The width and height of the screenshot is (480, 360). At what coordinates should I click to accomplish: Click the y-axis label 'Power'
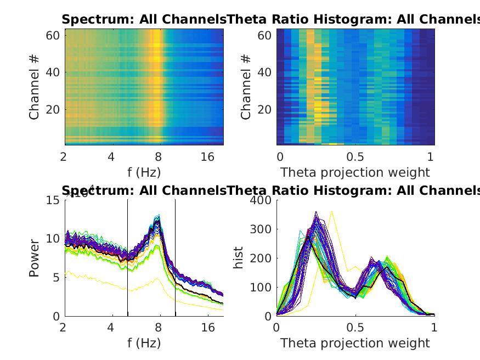pos(34,257)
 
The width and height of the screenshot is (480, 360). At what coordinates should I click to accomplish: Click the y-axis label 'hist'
pos(239,257)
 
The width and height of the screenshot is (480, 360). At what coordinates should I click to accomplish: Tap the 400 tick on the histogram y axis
pos(262,200)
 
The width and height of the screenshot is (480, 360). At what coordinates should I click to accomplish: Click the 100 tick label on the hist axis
pos(262,288)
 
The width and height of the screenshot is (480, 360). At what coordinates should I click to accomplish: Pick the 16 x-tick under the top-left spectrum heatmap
pos(207,157)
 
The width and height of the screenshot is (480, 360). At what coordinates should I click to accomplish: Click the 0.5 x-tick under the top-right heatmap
pos(355,157)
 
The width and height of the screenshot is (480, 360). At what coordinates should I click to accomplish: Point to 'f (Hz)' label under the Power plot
pos(144,343)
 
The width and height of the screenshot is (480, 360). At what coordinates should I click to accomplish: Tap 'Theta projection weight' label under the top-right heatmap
pos(355,172)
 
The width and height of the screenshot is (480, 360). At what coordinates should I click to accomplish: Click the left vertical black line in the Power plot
pos(128,258)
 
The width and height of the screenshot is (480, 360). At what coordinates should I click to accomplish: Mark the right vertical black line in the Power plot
pos(176,258)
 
